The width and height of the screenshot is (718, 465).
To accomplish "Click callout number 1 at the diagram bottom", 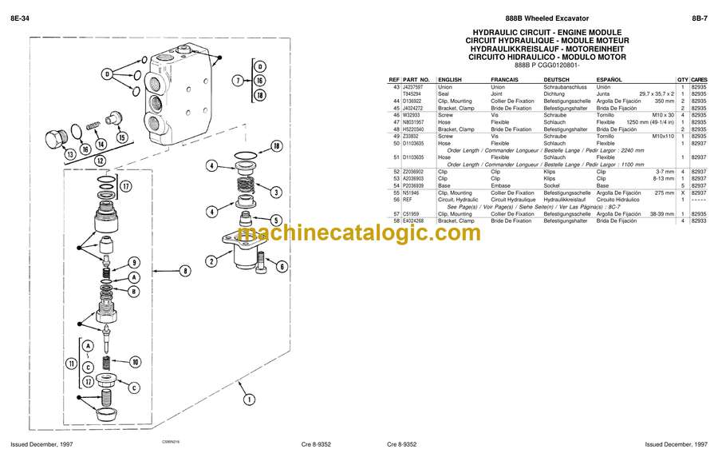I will (250, 399).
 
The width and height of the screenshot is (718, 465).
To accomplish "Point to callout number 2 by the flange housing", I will (211, 260).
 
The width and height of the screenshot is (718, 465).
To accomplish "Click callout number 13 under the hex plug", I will (71, 153).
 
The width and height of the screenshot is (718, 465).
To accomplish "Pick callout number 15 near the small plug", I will (121, 137).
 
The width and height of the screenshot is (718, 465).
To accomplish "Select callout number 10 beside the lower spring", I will (135, 362).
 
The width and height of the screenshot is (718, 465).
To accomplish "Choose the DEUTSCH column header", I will (556, 80).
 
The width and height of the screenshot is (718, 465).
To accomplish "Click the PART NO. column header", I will (416, 80).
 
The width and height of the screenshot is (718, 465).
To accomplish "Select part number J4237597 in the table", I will (415, 87).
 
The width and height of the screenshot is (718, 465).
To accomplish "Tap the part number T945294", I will (413, 94).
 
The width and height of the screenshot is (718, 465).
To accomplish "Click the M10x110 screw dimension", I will (663, 136).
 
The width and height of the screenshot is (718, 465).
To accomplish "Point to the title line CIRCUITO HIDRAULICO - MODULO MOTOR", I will (547, 57).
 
